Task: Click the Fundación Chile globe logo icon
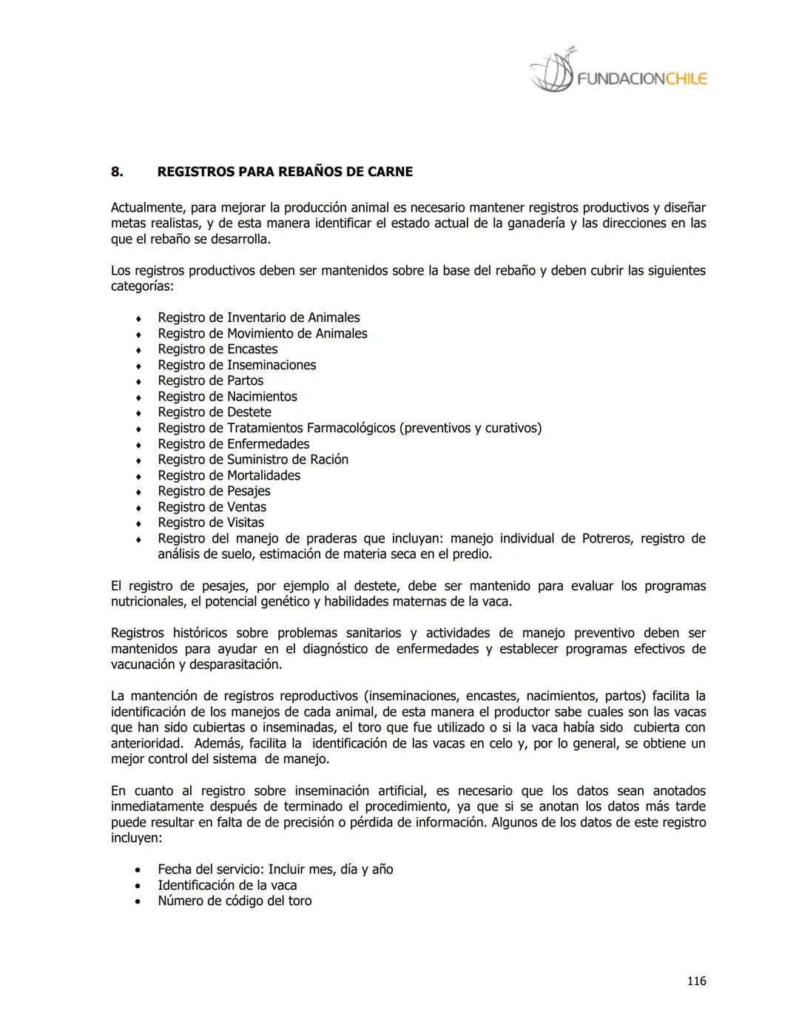pos(552,73)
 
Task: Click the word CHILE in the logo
pos(686,79)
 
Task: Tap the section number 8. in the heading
pos(116,172)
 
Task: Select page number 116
pos(696,981)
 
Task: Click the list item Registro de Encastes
pos(218,349)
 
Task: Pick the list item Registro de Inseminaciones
pos(237,365)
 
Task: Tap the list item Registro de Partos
pos(210,380)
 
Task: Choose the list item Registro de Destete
pos(214,412)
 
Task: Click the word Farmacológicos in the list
pos(351,428)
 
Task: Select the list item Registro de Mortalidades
pos(229,475)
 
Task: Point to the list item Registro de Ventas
pos(212,507)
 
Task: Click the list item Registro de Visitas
pos(210,523)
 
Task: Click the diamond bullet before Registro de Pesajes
pos(138,491)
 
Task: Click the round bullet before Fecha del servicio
pos(138,870)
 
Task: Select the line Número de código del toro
pos(235,901)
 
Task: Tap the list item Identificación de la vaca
pos(227,885)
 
